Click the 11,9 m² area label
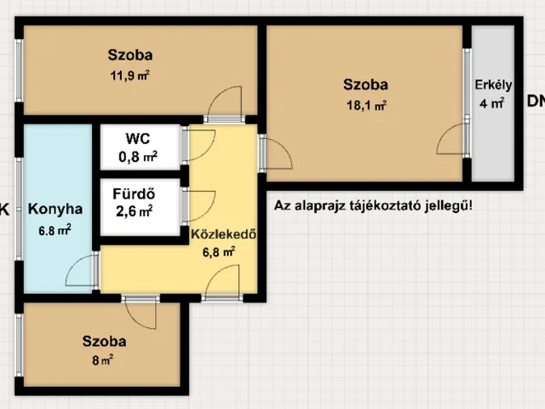tap(130, 76)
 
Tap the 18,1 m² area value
tap(366, 105)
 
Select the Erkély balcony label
tap(493, 85)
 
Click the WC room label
tap(138, 138)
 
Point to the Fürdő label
tap(134, 193)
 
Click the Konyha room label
tap(55, 209)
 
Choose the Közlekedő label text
tap(224, 234)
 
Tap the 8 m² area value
tap(102, 360)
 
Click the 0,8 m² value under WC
tap(138, 157)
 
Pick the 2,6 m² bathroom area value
tap(135, 211)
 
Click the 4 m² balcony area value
tap(492, 103)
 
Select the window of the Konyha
tap(20, 209)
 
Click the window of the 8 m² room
tap(20, 345)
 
